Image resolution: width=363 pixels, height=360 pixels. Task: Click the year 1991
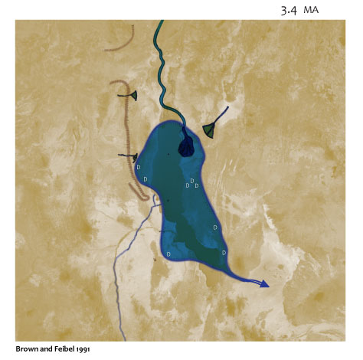85,349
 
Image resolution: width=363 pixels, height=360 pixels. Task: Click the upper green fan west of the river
133,95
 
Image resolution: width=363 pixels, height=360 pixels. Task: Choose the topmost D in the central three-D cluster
192,181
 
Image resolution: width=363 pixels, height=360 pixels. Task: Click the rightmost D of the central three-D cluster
197,186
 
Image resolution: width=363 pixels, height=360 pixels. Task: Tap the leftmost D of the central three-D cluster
188,186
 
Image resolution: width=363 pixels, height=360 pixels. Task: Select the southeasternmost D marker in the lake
224,253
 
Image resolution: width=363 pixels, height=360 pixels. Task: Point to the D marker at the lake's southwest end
168,254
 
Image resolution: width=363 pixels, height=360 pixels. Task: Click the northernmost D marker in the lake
139,167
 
